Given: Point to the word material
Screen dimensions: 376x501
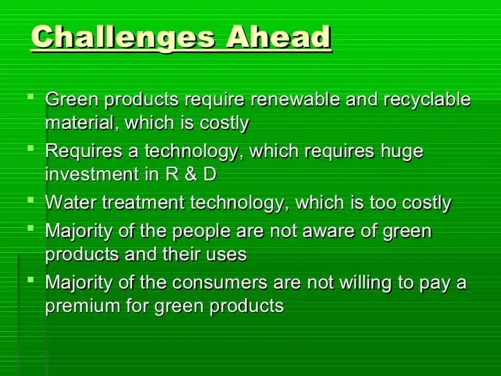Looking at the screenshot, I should pos(76,124).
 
